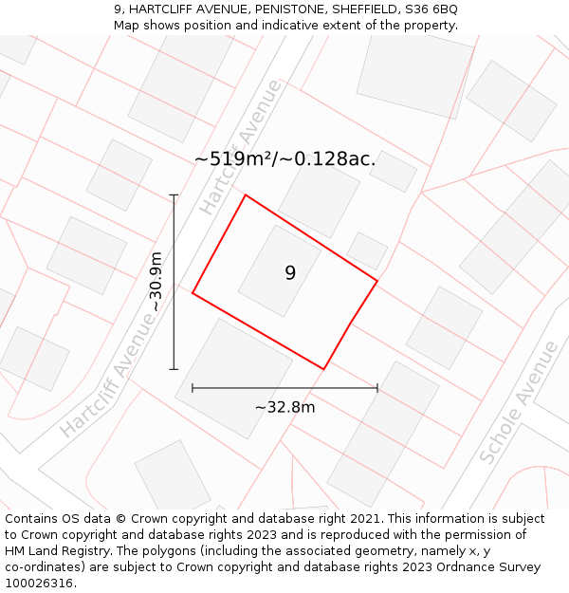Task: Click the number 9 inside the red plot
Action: pos(290,273)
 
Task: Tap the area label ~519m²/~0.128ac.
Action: pos(284,158)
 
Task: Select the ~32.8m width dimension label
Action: pos(284,407)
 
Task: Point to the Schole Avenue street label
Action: pos(519,402)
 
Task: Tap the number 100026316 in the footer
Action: pos(37,584)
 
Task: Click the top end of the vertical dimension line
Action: pos(174,195)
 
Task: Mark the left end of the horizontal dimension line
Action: pos(193,388)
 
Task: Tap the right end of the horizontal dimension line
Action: pos(377,388)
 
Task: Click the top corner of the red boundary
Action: pos(246,195)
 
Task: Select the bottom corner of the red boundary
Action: pos(324,369)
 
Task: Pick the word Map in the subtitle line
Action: pos(127,26)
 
